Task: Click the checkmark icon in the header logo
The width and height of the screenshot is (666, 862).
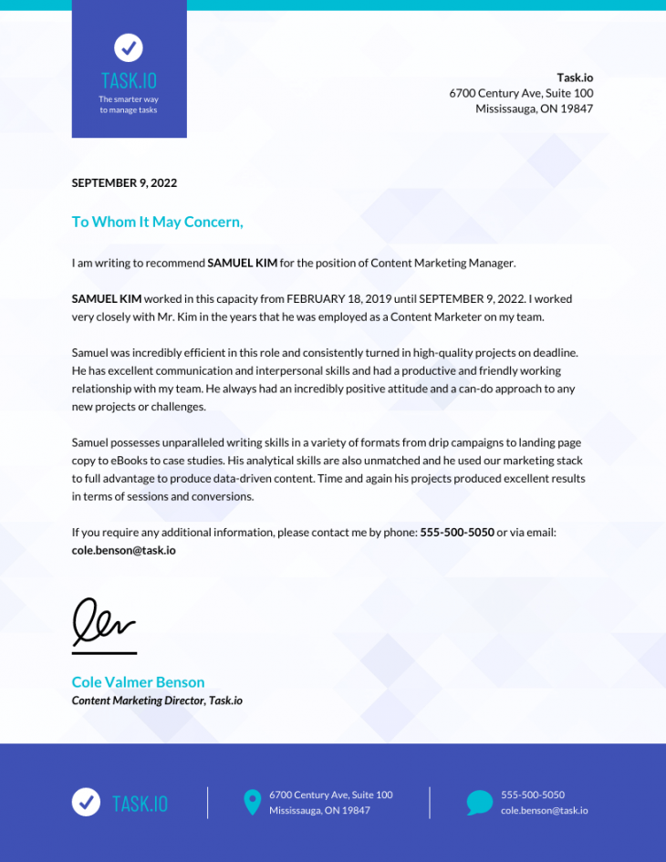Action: click(129, 47)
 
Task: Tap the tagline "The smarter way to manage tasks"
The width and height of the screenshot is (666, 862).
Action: click(129, 104)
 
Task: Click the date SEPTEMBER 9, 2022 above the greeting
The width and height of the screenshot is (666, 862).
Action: click(124, 182)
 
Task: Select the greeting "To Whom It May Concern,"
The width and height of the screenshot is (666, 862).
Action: click(157, 222)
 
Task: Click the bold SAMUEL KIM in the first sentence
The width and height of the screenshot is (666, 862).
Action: click(242, 263)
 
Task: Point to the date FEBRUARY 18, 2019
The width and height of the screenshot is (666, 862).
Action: click(338, 298)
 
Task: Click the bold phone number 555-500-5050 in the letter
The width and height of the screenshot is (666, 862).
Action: click(456, 532)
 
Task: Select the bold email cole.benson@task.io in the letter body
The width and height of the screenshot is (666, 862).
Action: click(123, 550)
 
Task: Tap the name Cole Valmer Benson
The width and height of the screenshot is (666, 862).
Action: click(138, 681)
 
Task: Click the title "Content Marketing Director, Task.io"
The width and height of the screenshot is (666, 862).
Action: click(157, 701)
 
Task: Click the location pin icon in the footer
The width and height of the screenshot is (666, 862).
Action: click(252, 803)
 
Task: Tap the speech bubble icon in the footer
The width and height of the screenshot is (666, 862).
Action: click(479, 803)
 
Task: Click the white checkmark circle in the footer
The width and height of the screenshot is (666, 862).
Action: click(86, 802)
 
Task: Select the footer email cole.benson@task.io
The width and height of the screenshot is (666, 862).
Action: click(544, 810)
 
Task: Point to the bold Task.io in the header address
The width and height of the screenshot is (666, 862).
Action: click(575, 78)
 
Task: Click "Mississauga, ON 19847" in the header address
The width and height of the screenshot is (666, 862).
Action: click(534, 109)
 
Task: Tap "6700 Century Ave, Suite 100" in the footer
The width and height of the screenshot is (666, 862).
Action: click(330, 794)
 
